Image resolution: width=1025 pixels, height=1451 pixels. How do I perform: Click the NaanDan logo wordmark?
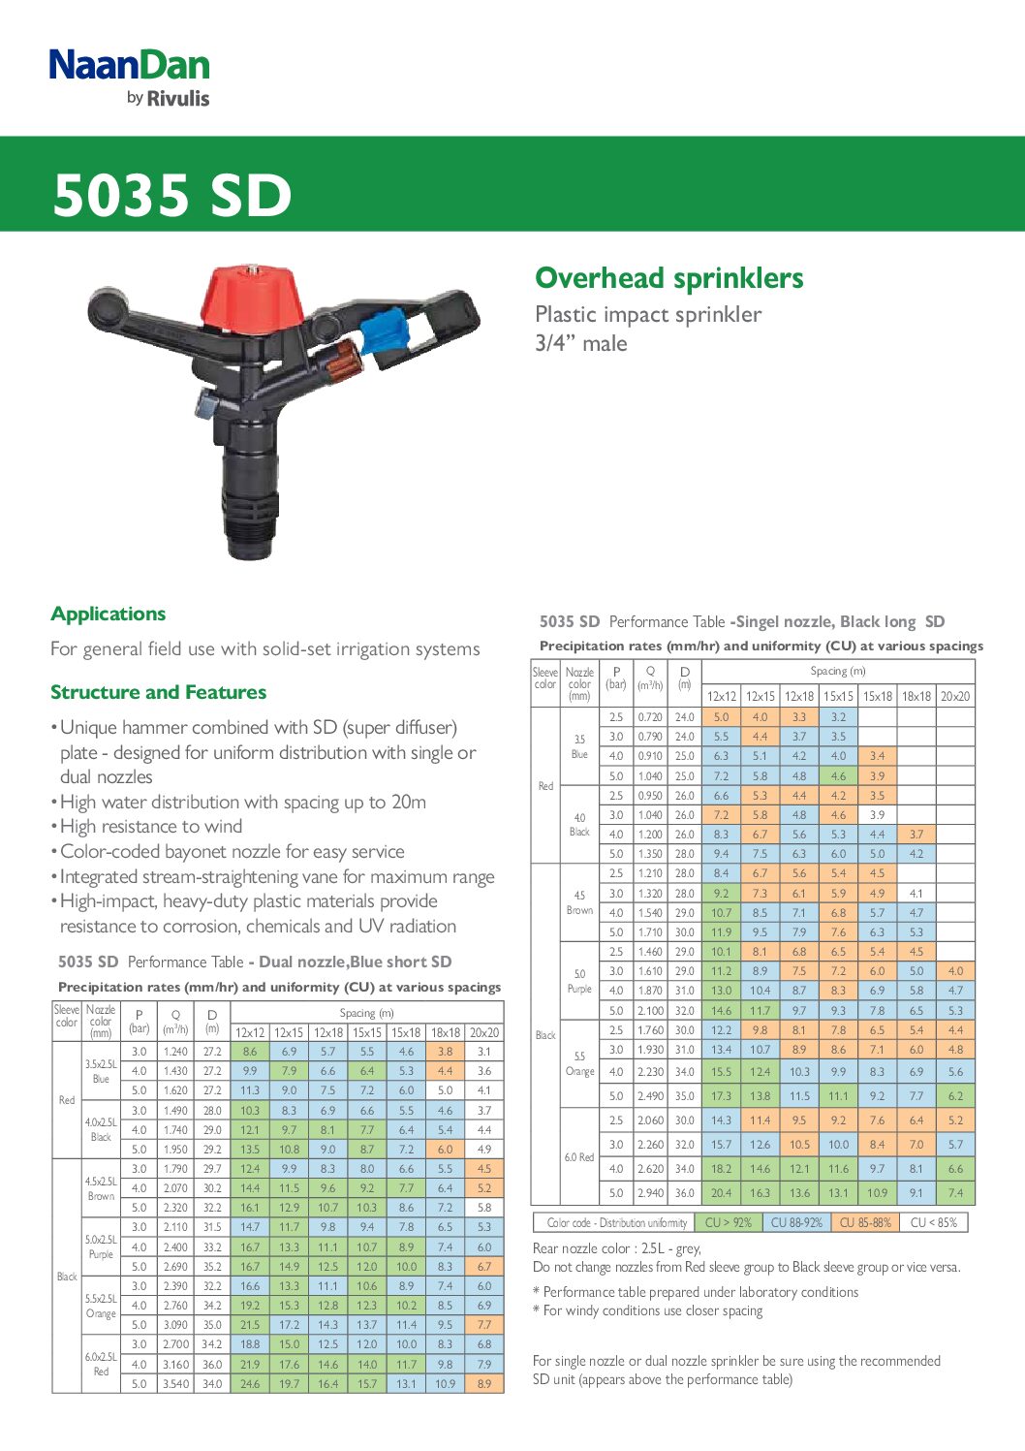coord(129,65)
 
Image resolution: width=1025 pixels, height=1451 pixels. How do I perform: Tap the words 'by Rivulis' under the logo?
coord(168,98)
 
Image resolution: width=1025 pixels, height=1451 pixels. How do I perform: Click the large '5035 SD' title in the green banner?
coord(171,195)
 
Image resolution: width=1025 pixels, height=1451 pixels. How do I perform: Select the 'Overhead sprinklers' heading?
coord(668,278)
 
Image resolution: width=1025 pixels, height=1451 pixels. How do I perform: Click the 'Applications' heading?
coord(108,614)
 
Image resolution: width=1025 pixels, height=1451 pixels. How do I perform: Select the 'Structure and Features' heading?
coord(158,692)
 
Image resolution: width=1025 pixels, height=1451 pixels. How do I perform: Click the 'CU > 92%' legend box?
coord(728,1222)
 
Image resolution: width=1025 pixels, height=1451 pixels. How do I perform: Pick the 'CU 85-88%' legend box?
coord(864,1222)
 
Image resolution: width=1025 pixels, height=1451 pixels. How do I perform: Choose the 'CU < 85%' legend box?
coord(933,1222)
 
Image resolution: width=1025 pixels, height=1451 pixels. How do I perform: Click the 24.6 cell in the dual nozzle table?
coord(250,1384)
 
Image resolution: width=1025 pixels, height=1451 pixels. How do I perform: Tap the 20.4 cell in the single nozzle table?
coord(721,1193)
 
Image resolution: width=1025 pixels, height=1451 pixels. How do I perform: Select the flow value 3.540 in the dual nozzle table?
coord(175,1384)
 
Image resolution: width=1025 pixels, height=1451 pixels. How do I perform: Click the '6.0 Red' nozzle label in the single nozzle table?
coord(579,1157)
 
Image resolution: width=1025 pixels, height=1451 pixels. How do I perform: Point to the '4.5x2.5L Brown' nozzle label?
coord(101,1188)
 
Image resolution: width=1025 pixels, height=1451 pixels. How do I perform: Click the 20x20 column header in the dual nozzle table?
coord(483,1032)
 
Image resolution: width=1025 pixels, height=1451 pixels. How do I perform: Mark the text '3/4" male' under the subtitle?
coord(580,343)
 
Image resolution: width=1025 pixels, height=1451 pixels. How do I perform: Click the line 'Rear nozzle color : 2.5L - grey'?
coord(616,1248)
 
